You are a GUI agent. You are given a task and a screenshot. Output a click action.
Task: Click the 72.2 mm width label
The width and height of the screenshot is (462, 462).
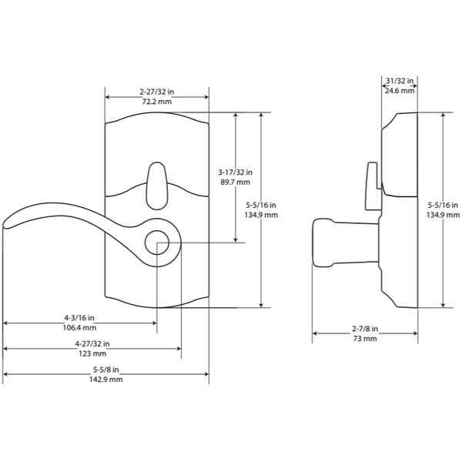tap(157, 102)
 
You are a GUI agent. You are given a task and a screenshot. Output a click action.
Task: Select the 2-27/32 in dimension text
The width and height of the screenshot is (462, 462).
tap(157, 92)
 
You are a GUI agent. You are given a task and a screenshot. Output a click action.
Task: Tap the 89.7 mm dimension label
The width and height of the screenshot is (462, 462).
tap(235, 182)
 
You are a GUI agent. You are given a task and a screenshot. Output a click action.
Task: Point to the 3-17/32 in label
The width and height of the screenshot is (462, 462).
tap(235, 172)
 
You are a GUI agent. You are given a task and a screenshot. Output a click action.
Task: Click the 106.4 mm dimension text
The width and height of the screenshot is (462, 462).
tap(79, 328)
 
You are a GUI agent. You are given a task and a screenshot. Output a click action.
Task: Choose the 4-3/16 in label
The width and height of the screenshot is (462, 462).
tap(79, 317)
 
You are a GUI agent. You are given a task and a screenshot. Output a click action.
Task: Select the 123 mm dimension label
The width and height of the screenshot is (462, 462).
tap(92, 353)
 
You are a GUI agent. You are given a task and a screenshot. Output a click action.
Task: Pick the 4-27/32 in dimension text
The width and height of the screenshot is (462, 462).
tap(92, 343)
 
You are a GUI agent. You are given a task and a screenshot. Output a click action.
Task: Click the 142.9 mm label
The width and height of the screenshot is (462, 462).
tap(106, 379)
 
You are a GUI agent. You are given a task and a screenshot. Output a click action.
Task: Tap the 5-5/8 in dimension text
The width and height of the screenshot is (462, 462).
tap(106, 369)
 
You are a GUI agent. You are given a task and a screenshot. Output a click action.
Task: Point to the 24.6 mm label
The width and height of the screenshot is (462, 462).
tap(400, 90)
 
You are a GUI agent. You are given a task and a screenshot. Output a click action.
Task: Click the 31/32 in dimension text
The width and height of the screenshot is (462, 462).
tap(400, 81)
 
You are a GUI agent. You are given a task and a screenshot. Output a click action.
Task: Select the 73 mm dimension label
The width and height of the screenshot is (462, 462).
tap(365, 339)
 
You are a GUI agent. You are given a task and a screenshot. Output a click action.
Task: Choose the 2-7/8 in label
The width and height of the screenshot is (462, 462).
tap(365, 329)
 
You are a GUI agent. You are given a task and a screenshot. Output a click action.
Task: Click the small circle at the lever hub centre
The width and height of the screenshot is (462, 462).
tap(157, 243)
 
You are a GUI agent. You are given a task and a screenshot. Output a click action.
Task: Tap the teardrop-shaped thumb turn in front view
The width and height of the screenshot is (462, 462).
tap(157, 186)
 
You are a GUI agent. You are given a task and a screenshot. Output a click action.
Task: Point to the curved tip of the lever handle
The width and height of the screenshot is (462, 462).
tap(5, 225)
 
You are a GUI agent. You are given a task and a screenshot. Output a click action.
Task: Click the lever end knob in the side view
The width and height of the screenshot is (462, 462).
tap(323, 243)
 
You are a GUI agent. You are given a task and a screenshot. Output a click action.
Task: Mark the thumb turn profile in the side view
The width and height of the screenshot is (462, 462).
tap(373, 186)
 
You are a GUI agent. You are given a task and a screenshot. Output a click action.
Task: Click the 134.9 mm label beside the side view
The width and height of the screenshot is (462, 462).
tap(443, 215)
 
